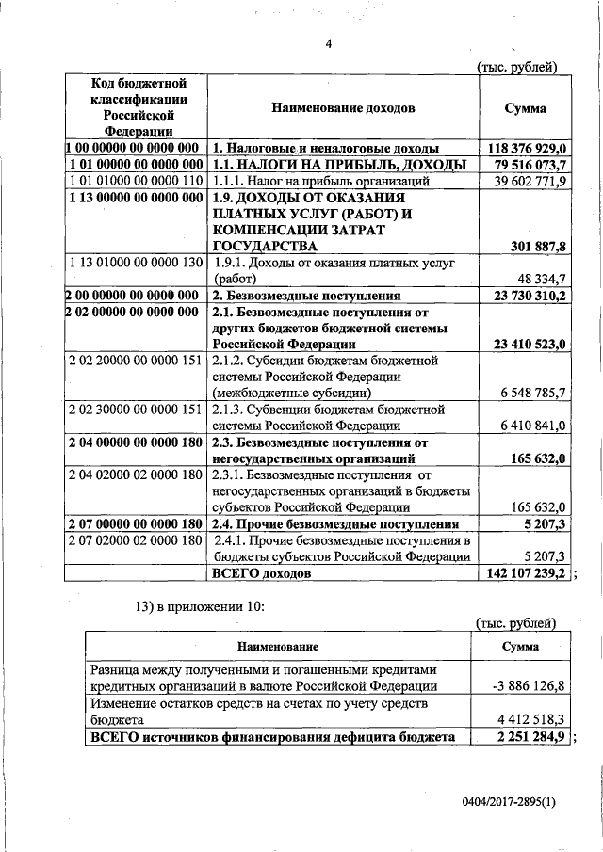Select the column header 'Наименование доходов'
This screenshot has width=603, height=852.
coord(343,108)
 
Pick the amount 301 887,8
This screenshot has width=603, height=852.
coord(533,247)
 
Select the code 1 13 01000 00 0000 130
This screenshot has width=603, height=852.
coord(136,263)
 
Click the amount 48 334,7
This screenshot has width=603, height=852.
coord(539,280)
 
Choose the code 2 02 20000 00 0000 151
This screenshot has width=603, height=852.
coord(136,361)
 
